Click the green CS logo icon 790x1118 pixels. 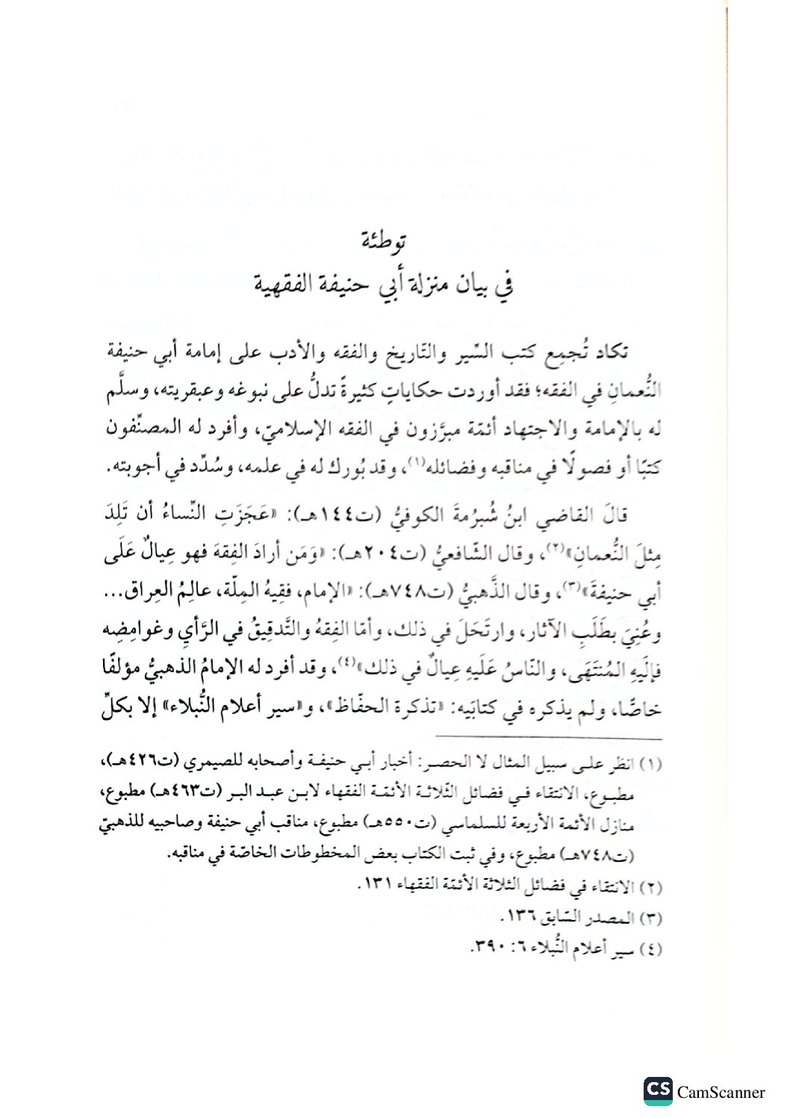point(659,1091)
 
